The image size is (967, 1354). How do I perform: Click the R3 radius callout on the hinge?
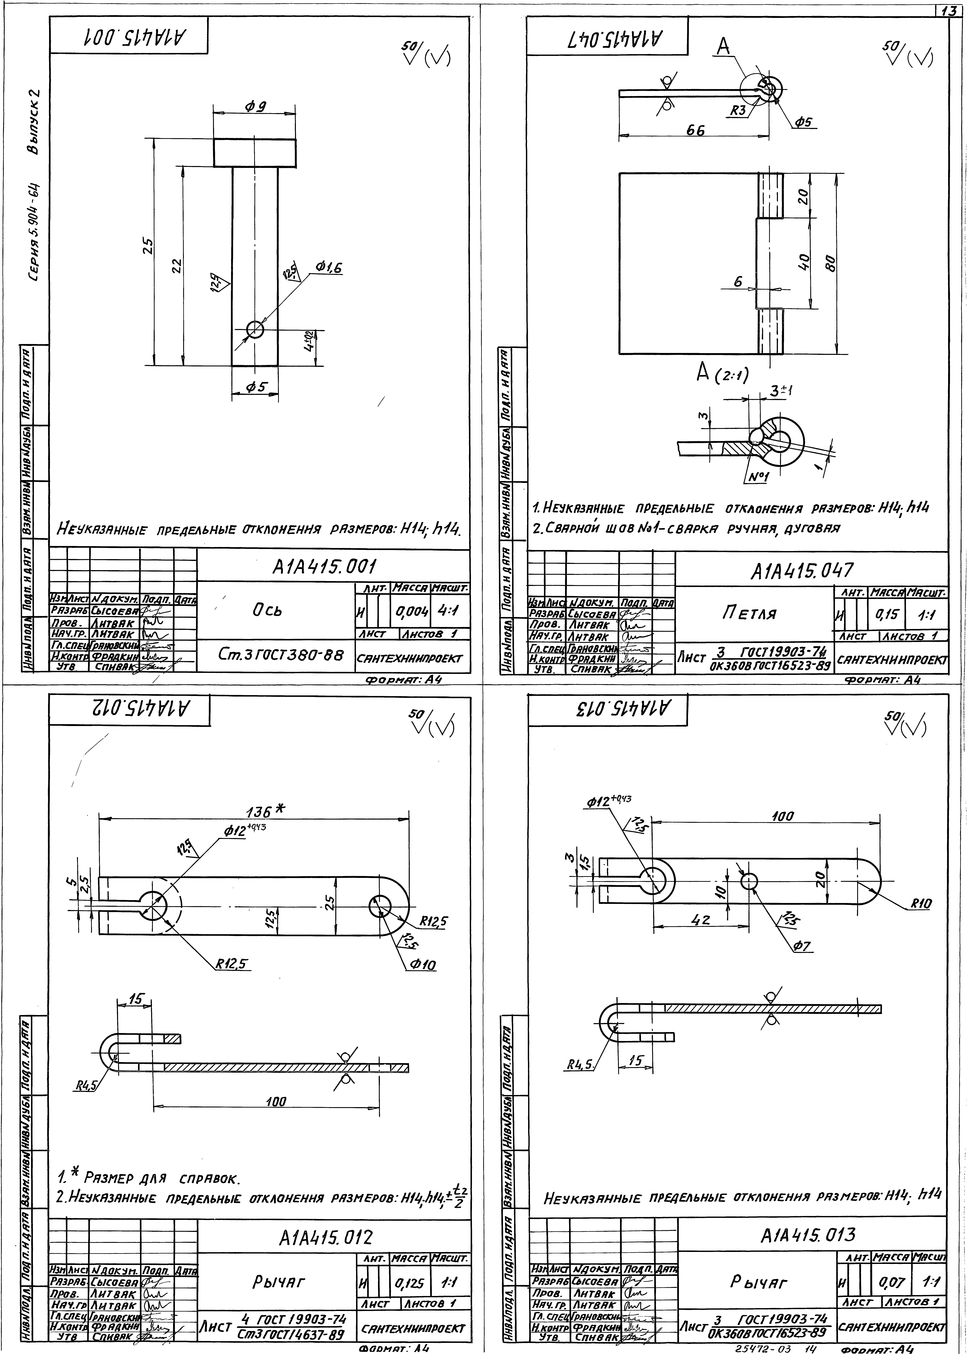click(x=739, y=111)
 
